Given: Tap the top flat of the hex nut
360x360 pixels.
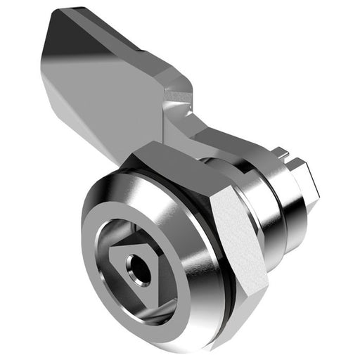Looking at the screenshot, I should (176, 158).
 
